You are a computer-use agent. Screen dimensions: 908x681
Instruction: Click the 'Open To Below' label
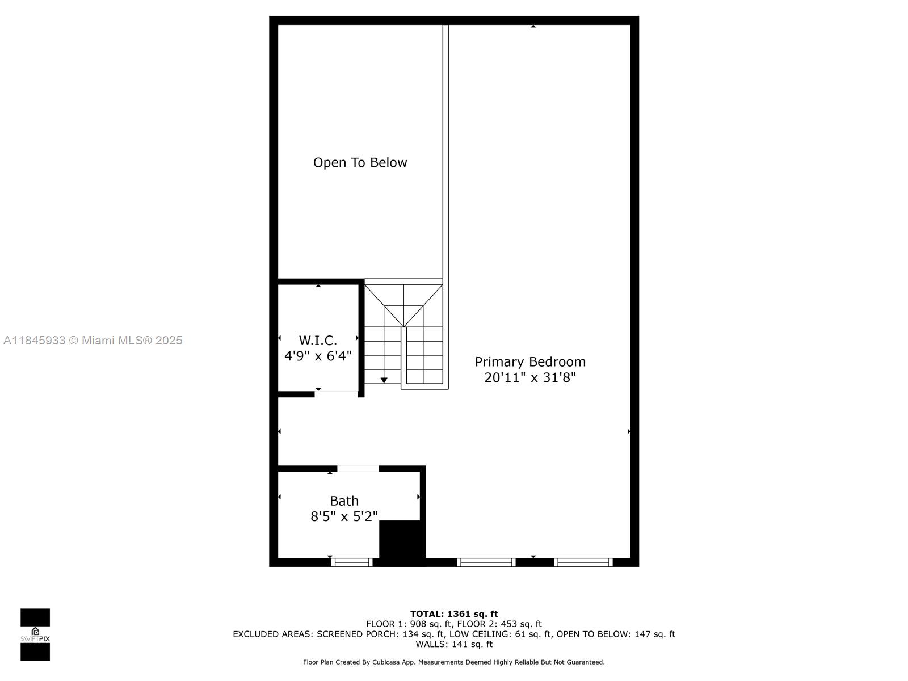pyautogui.click(x=360, y=162)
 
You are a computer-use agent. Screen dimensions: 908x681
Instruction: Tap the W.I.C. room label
pyautogui.click(x=318, y=340)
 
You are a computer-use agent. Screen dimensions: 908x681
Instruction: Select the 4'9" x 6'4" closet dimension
pyautogui.click(x=318, y=356)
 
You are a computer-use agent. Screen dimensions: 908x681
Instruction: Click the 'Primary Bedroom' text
pyautogui.click(x=530, y=362)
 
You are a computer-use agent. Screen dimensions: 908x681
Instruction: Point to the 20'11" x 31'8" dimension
pyautogui.click(x=530, y=377)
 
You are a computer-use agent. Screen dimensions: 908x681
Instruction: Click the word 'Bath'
pyautogui.click(x=344, y=501)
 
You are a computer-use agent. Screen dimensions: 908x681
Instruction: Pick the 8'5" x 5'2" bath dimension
pyautogui.click(x=344, y=516)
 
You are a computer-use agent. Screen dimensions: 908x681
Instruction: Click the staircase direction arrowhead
pyautogui.click(x=384, y=380)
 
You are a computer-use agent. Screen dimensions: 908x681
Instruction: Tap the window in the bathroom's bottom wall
pyautogui.click(x=352, y=562)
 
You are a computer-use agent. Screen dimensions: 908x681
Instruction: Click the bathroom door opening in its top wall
pyautogui.click(x=358, y=469)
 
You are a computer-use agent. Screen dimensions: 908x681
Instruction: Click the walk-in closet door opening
pyautogui.click(x=337, y=394)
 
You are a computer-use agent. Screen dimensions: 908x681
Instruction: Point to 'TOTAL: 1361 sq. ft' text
pyautogui.click(x=454, y=614)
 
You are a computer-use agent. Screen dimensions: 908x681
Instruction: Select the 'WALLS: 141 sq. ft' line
pyautogui.click(x=454, y=644)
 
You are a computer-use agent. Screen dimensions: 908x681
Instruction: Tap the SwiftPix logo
pyautogui.click(x=35, y=634)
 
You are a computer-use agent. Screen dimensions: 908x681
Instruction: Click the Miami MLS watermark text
pyautogui.click(x=93, y=340)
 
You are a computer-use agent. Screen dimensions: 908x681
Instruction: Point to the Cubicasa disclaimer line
pyautogui.click(x=454, y=662)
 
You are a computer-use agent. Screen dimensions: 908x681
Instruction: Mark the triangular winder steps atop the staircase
pyautogui.click(x=403, y=305)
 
